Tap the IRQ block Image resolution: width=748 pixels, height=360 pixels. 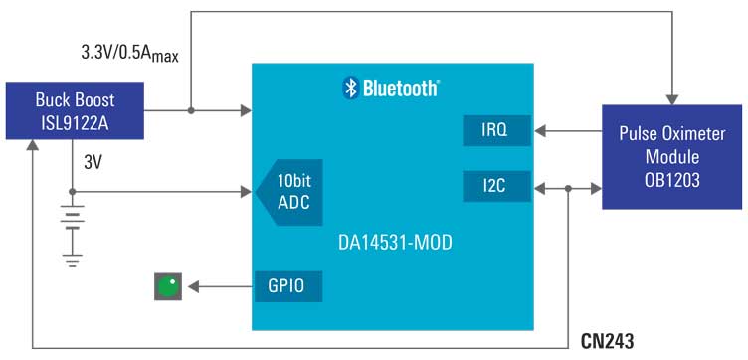coord(496,129)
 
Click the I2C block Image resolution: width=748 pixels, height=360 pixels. coord(496,186)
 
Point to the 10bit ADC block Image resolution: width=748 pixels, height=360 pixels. coord(292,189)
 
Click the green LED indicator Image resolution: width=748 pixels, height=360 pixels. coord(167,286)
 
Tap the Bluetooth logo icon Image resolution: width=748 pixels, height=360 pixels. coord(350,88)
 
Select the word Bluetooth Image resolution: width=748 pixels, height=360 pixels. coord(399,89)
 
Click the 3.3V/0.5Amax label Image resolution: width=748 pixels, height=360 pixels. coord(129,52)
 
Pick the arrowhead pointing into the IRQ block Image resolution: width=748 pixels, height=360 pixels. coord(538,129)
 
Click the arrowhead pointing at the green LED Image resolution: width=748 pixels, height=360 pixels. coord(189,286)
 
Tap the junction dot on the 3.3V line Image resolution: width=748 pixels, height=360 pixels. coord(189,110)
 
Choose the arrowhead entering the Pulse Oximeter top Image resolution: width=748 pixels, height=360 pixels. coord(672,94)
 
